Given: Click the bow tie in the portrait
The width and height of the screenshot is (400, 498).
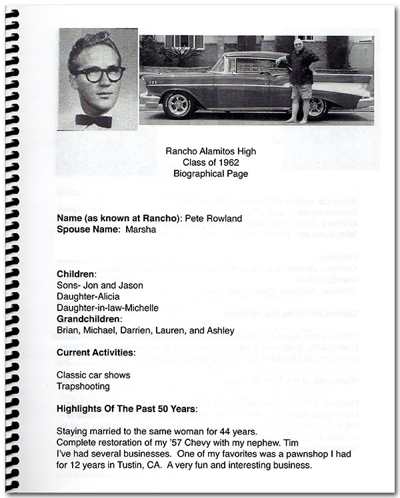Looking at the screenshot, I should click(93, 121).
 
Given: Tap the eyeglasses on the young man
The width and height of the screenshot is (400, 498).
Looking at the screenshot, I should click(98, 73).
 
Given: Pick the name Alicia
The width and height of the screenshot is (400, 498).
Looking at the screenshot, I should click(113, 296).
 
